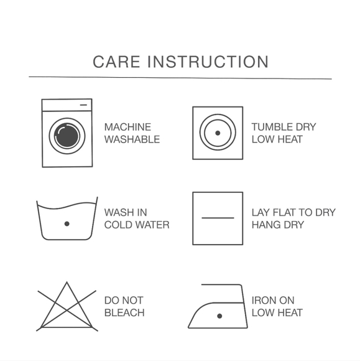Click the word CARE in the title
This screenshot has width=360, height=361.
[x=116, y=62]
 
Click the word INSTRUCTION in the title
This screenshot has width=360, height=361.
[x=208, y=62]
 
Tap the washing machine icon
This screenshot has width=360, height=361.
[x=67, y=133]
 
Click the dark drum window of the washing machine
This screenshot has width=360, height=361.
[x=67, y=136]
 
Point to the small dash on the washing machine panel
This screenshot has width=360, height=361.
[x=83, y=105]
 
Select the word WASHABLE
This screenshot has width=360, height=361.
[x=132, y=139]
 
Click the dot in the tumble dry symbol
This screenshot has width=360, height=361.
[x=218, y=133]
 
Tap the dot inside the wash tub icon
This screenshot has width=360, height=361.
[x=67, y=224]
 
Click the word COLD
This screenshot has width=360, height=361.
[x=118, y=225]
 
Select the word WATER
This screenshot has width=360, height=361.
[x=152, y=225]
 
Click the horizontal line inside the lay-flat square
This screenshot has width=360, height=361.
[x=218, y=218]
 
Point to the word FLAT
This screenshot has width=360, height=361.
[x=281, y=212]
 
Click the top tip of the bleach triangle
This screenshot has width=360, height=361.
[x=67, y=282]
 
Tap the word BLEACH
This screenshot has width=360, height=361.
[x=124, y=312]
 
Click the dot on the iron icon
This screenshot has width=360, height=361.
[x=219, y=316]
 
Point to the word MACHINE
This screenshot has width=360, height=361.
[x=127, y=127]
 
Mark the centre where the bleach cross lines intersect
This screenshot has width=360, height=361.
[x=67, y=310]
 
